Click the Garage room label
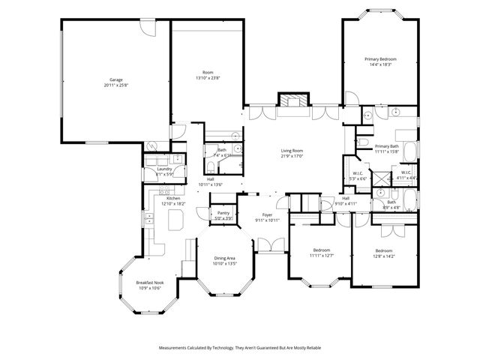click(115, 79)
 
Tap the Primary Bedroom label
click(380, 58)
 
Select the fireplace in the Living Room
click(290, 101)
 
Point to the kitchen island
click(177, 220)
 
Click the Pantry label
click(223, 213)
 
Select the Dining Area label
click(226, 258)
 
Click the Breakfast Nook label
click(150, 283)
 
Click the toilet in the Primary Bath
click(361, 141)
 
